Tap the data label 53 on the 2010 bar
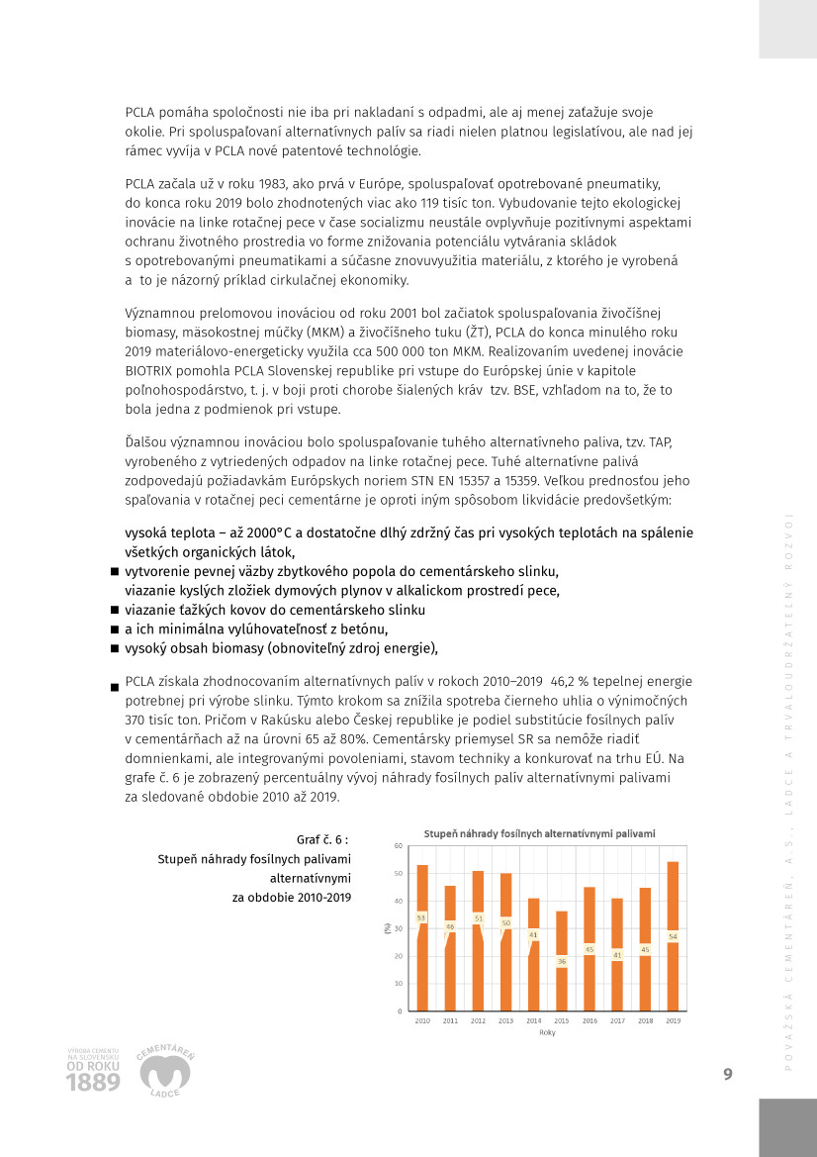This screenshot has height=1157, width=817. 421,917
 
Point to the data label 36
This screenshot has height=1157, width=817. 562,961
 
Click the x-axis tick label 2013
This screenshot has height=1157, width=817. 506,1019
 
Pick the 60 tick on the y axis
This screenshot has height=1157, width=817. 398,846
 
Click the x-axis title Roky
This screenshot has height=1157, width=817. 547,1032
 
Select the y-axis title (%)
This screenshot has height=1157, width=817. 387,928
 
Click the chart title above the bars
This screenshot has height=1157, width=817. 539,833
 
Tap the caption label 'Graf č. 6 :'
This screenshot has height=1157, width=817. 322,840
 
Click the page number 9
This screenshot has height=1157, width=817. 728,1075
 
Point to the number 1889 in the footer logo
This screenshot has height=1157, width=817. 93,1083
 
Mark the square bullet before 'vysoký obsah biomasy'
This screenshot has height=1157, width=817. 115,649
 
